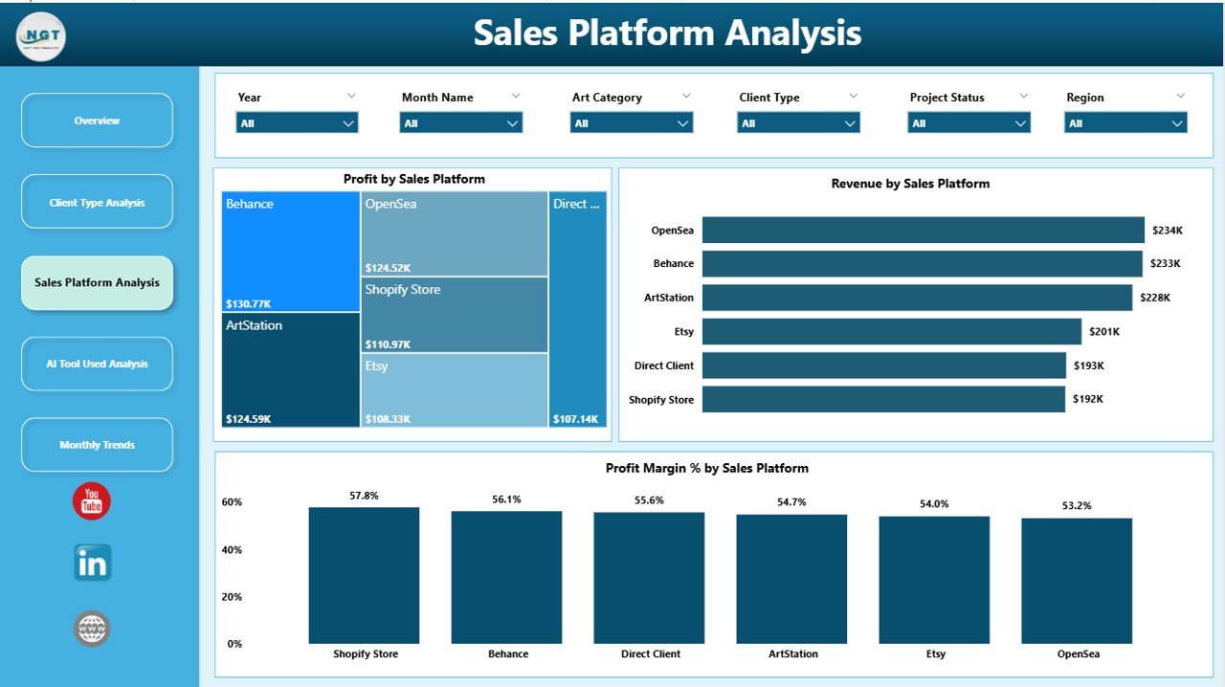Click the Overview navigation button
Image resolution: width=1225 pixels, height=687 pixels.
coord(97,121)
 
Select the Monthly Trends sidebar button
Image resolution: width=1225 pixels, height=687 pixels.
coord(97,445)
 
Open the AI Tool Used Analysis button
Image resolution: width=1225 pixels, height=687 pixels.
coord(97,364)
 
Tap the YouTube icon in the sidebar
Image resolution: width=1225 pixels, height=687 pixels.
coord(92,501)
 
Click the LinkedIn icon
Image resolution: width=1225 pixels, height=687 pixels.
coord(93,563)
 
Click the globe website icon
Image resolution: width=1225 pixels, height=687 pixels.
coord(92,629)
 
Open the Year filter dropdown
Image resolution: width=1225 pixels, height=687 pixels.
coord(297,123)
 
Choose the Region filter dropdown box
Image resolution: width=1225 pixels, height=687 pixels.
coord(1125,123)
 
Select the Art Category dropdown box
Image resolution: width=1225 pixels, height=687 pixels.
coord(631,123)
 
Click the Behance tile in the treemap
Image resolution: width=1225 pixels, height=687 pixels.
coord(290,251)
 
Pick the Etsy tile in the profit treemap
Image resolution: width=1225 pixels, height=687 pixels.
coord(454,390)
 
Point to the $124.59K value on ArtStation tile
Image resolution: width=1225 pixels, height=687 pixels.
coord(249,419)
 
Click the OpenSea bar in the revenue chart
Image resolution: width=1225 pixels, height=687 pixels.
coord(923,230)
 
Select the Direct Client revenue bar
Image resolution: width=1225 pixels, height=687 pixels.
coord(883,366)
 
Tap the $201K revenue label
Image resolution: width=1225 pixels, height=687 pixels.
coord(1103,332)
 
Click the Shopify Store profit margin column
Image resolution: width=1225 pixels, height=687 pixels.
coord(364,576)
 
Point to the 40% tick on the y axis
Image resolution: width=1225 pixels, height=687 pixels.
coord(232,550)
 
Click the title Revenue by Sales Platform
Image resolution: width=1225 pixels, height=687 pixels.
coord(910,184)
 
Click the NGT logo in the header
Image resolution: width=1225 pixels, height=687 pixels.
coord(41,36)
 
